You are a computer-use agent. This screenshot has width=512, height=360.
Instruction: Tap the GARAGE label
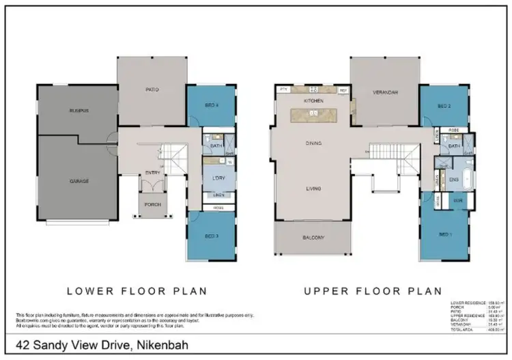79,182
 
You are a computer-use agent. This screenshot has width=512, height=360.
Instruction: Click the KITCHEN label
313,100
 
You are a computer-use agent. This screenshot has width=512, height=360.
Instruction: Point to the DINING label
313,143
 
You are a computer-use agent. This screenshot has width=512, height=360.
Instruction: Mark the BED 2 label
444,107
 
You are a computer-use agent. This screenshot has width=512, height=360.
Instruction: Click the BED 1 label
443,234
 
